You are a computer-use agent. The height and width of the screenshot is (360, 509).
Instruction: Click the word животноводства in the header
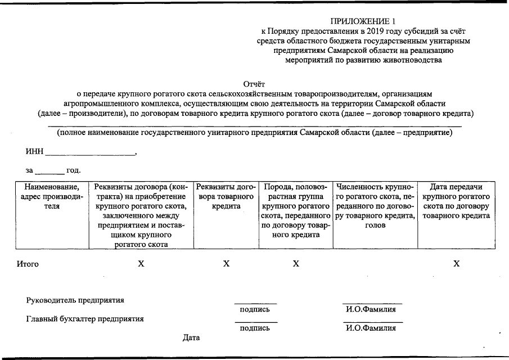pyautogui.click(x=407, y=60)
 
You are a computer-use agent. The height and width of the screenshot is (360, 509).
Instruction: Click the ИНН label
pyautogui.click(x=34, y=152)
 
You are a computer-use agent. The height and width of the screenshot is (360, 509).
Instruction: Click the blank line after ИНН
pyautogui.click(x=90, y=153)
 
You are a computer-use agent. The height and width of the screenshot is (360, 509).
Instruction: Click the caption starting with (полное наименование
pyautogui.click(x=254, y=133)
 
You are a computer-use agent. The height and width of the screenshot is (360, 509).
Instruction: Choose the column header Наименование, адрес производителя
pyautogui.click(x=52, y=196)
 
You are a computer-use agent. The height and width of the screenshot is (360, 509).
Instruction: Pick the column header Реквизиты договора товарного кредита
pyautogui.click(x=226, y=196)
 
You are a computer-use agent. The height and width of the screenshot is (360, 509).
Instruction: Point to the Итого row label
pyautogui.click(x=28, y=264)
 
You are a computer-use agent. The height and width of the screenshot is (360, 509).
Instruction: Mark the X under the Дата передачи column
pyautogui.click(x=457, y=264)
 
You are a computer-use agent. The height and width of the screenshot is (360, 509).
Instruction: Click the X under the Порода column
pyautogui.click(x=296, y=264)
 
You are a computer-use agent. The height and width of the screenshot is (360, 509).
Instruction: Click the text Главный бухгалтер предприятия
pyautogui.click(x=85, y=319)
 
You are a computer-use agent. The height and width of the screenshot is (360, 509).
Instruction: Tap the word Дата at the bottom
pyautogui.click(x=191, y=337)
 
